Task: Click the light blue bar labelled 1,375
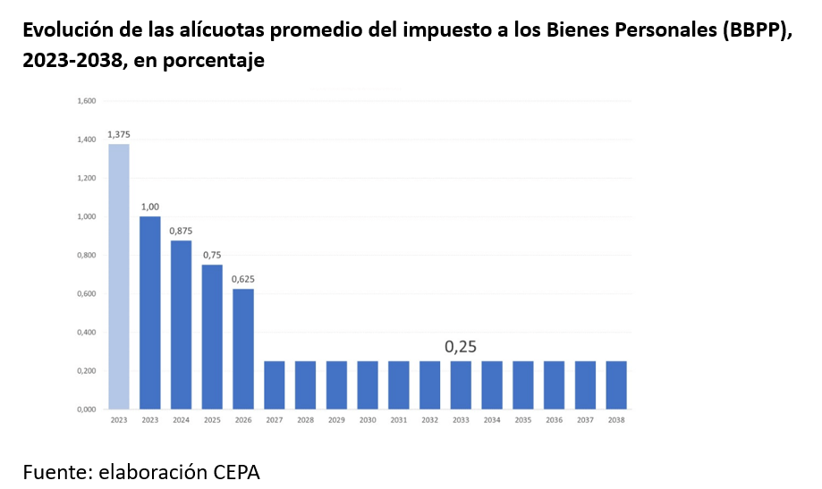(119, 276)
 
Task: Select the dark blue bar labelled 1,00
(150, 313)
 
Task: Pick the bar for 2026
(242, 349)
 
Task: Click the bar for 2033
(461, 385)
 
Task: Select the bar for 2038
(615, 385)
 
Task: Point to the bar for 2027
(274, 385)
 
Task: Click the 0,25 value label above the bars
(461, 347)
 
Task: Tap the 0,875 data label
(181, 231)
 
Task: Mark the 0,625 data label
(242, 279)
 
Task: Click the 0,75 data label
(212, 255)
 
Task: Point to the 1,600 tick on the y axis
(86, 101)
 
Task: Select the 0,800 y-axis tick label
(86, 256)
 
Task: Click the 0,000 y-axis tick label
(86, 409)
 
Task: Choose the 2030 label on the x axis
(367, 420)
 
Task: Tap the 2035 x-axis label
(522, 420)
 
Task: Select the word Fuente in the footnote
(54, 472)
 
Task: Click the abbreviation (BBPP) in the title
(756, 31)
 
